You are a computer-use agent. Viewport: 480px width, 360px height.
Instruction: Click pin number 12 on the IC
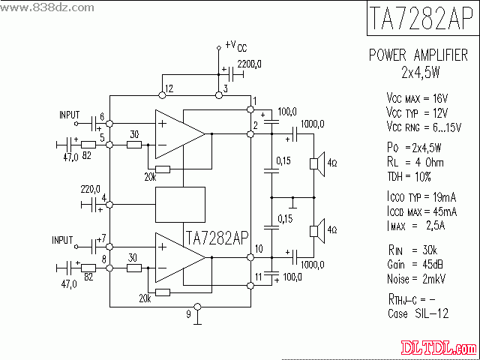pos(169,88)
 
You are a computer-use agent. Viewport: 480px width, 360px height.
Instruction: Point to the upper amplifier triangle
pos(178,133)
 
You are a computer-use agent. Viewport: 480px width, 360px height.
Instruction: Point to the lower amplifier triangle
pos(178,256)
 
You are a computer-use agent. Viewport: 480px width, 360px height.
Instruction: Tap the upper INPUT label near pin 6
pos(70,115)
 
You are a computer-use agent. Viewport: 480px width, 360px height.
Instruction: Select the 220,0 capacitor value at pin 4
pos(90,189)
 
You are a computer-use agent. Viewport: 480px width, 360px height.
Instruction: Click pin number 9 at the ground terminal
pos(189,314)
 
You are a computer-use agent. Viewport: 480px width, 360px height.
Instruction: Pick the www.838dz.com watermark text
pos(40,7)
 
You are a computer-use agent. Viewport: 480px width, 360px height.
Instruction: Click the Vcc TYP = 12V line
pos(416,111)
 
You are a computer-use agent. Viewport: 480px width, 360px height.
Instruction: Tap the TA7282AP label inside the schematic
pos(216,238)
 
